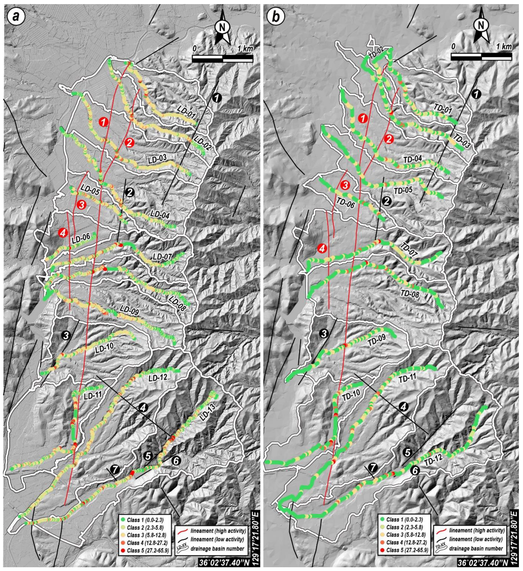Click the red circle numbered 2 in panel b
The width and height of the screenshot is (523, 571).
coord(388,139)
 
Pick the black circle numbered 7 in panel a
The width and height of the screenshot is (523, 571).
coord(115,469)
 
